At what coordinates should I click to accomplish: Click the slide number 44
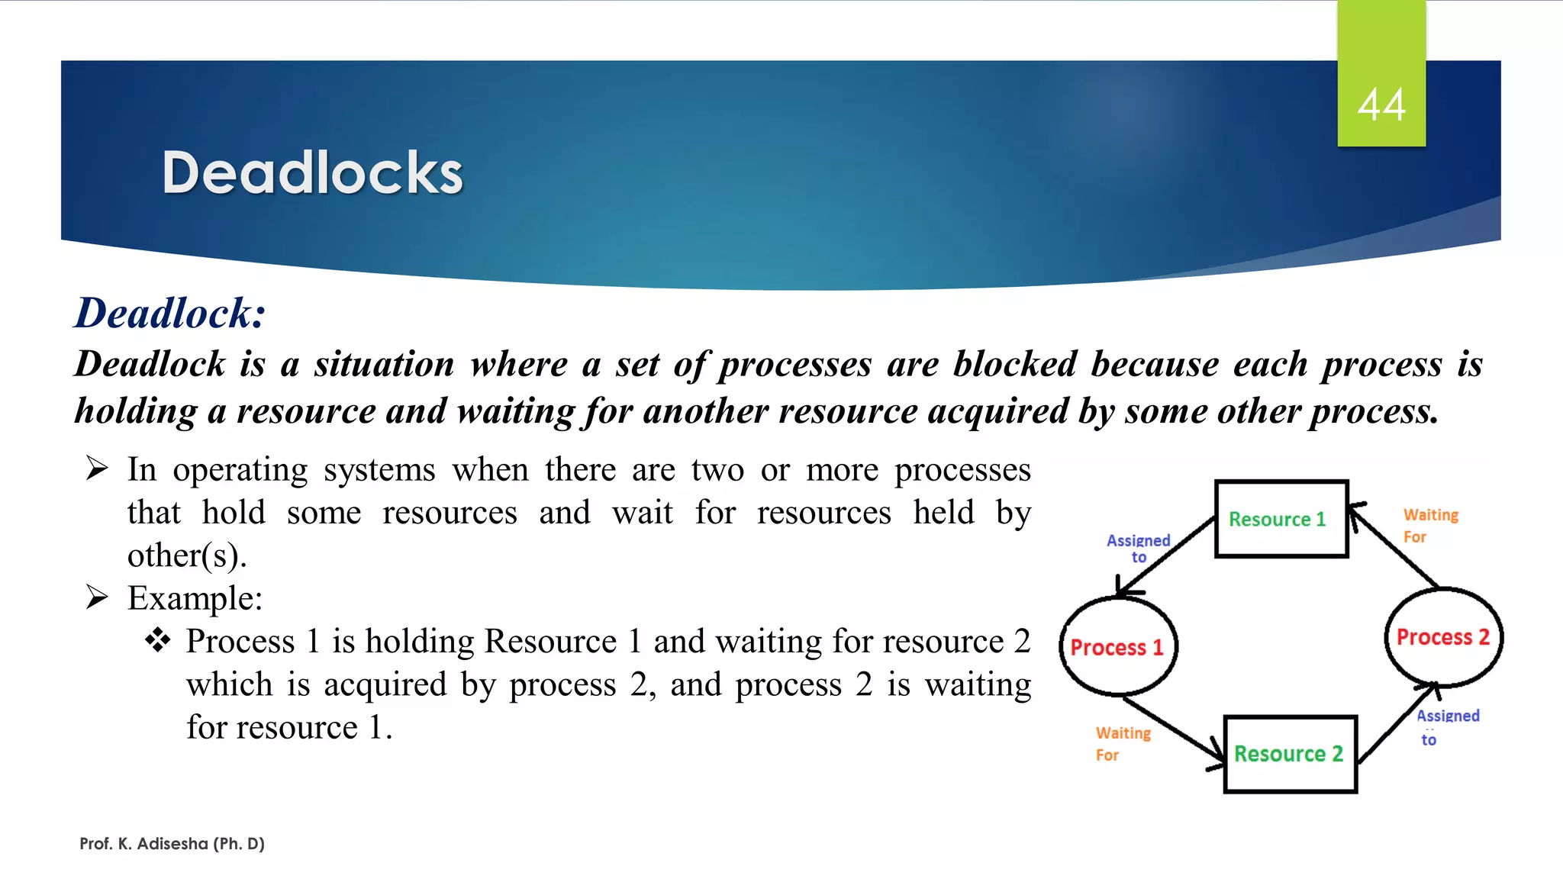coord(1381,105)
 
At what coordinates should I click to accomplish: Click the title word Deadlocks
coord(312,172)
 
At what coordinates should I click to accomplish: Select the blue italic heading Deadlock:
coord(169,313)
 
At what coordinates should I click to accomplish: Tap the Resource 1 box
coord(1281,519)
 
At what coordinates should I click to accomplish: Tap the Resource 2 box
coord(1290,754)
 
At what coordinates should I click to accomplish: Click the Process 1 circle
coord(1117,647)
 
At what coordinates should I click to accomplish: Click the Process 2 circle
coord(1442,637)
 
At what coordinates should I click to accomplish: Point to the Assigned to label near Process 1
coord(1138,548)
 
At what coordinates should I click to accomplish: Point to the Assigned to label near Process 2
coord(1446,726)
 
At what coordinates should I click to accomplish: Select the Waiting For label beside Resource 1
coord(1429,526)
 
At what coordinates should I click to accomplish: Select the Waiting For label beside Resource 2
coord(1122,743)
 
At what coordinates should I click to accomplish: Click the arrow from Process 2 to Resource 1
coord(1396,547)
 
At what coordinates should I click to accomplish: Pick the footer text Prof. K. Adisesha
coord(172,843)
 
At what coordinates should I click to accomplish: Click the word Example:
coord(195,597)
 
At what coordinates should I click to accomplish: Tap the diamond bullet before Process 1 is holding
coord(157,639)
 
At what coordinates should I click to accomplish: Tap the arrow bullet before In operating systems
coord(97,468)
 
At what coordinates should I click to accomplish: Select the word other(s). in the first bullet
coord(187,555)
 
